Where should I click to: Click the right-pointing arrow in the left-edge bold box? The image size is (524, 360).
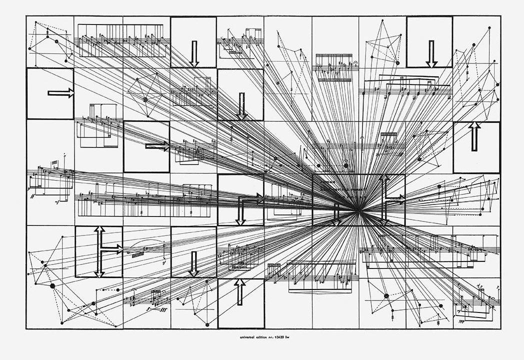point(60,93)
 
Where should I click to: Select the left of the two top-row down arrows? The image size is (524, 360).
point(194,53)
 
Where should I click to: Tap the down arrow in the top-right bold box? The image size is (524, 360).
point(431,53)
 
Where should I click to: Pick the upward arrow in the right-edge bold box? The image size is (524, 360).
point(474,136)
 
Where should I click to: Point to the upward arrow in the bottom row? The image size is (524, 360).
point(240,292)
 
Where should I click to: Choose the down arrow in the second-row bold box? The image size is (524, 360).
point(242,106)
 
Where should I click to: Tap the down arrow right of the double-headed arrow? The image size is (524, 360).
point(193,263)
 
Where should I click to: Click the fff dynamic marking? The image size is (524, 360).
point(161,309)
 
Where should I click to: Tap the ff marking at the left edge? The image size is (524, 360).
point(32,197)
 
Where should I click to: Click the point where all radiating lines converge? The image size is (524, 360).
point(358,211)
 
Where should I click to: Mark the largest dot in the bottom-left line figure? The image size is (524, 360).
point(52,285)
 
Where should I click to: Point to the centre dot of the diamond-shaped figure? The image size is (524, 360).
point(145,99)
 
